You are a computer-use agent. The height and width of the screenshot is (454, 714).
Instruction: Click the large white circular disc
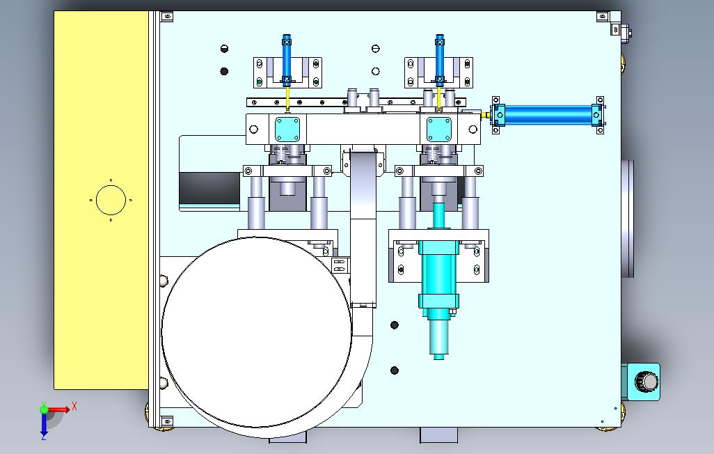[256, 332]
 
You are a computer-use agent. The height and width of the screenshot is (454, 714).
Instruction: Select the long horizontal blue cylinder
[548, 115]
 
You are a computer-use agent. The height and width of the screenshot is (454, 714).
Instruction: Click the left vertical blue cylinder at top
[287, 61]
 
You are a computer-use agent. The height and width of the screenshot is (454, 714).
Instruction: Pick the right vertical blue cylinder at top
[439, 61]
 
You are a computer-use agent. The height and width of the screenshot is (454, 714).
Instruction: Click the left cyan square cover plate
[288, 130]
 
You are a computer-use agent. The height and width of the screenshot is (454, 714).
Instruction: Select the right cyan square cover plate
[439, 130]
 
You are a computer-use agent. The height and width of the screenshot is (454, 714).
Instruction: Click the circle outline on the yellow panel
[111, 200]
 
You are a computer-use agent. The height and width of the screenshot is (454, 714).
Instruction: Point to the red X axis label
[74, 406]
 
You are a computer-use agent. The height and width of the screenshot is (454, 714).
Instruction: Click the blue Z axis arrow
[44, 425]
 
